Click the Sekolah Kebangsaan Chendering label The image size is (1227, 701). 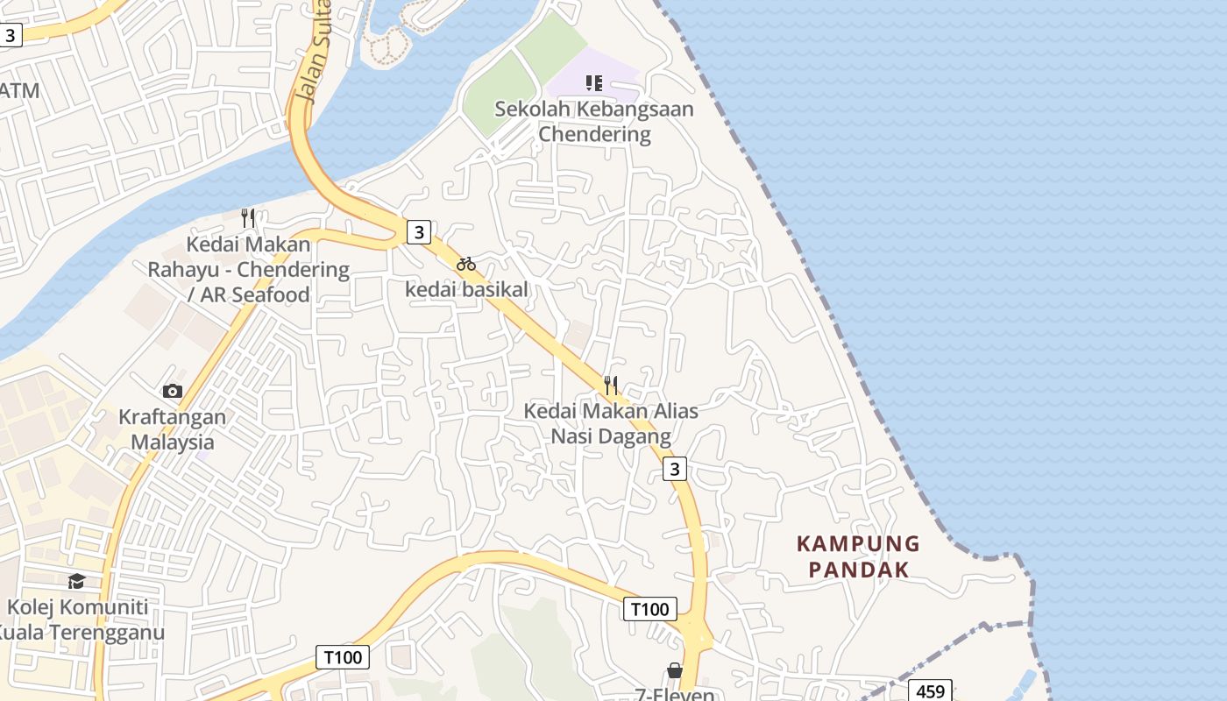593,122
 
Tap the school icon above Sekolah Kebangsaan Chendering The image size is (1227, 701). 594,83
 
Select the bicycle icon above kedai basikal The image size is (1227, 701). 466,264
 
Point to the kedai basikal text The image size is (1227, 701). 466,289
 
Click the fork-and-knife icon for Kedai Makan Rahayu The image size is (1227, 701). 248,217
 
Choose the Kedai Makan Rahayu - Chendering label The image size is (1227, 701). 248,269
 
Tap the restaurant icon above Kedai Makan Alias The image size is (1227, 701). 611,385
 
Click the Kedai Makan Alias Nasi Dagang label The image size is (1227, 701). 611,423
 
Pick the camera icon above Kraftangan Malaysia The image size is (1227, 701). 173,391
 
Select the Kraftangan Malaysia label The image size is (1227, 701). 173,429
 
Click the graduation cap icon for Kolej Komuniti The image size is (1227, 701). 76,581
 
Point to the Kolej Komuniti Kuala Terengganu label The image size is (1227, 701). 79,619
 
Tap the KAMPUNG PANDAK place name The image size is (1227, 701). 858,556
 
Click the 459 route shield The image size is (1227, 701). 929,691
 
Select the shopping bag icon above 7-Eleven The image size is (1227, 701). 674,670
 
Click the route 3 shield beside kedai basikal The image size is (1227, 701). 419,232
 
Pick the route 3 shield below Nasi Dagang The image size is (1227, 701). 674,469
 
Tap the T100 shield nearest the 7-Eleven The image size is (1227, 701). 649,609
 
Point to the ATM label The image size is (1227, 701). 19,90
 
